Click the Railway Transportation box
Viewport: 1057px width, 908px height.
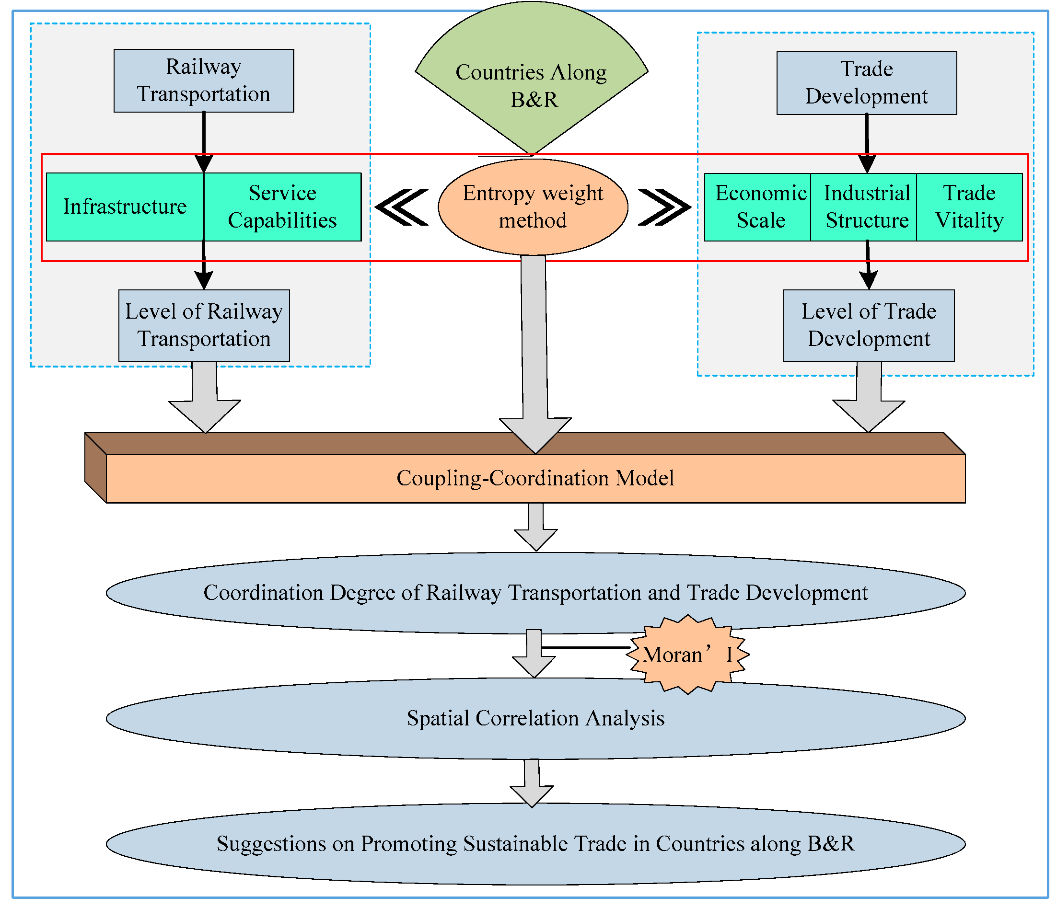pyautogui.click(x=204, y=80)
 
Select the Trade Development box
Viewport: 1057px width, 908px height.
pyautogui.click(x=866, y=82)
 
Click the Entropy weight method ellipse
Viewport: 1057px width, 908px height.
pyautogui.click(x=533, y=207)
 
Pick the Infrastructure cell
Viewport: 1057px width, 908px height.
pyautogui.click(x=125, y=207)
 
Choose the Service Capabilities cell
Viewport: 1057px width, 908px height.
pyautogui.click(x=282, y=207)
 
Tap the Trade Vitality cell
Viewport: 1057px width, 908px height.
pyautogui.click(x=969, y=207)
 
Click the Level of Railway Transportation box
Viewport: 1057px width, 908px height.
pyautogui.click(x=204, y=325)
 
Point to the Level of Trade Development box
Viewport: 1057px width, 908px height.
pyautogui.click(x=869, y=325)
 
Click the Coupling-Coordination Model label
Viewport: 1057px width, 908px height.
pyautogui.click(x=535, y=478)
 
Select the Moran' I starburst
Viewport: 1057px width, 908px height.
pyautogui.click(x=687, y=654)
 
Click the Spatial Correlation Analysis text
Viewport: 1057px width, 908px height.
pyautogui.click(x=535, y=718)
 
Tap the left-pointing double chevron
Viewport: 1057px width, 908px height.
pyautogui.click(x=402, y=207)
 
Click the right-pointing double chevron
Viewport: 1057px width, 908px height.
pyautogui.click(x=664, y=207)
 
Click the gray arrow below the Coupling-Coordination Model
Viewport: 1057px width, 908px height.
pyautogui.click(x=535, y=528)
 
